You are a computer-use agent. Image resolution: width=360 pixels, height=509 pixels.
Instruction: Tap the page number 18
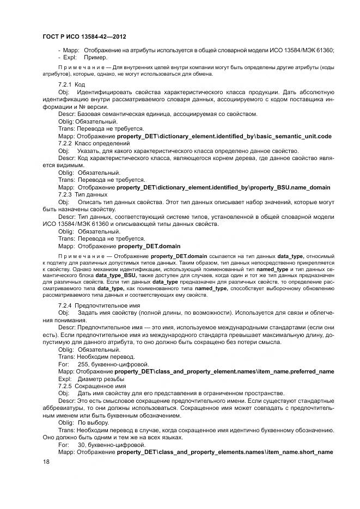46,462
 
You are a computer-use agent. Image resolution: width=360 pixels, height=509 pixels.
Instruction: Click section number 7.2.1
65,85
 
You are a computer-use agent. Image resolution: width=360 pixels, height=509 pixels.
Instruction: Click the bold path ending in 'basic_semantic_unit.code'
224,136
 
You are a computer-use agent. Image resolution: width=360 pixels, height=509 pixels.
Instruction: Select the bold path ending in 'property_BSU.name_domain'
223,187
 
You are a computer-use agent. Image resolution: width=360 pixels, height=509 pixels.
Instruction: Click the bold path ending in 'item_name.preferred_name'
224,371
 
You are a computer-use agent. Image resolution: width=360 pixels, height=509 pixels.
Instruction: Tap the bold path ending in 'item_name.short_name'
224,452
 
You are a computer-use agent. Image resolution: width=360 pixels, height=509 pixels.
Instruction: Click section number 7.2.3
65,194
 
